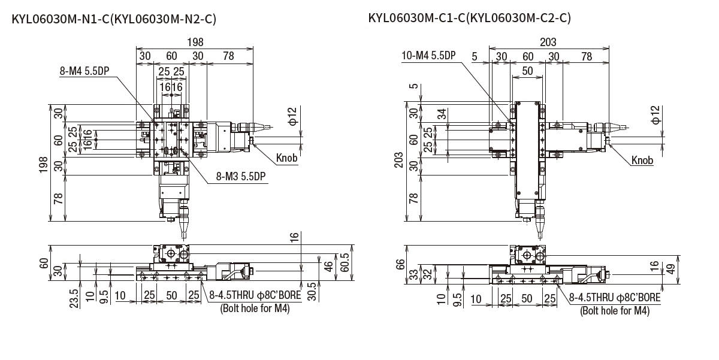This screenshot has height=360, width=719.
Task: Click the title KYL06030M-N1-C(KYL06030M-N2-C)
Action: pyautogui.click(x=114, y=19)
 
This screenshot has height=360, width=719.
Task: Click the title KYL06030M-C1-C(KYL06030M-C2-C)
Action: pyautogui.click(x=469, y=17)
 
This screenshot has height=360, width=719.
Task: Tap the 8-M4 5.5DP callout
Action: pyautogui.click(x=85, y=71)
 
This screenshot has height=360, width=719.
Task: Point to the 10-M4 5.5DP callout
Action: pyautogui.click(x=428, y=56)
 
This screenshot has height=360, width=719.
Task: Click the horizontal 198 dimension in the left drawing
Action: pyautogui.click(x=195, y=42)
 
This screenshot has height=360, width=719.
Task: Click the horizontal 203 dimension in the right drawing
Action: pyautogui.click(x=548, y=42)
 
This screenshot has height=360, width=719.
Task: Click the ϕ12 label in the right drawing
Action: pyautogui.click(x=655, y=115)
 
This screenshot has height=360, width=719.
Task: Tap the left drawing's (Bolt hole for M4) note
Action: pyautogui.click(x=255, y=309)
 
